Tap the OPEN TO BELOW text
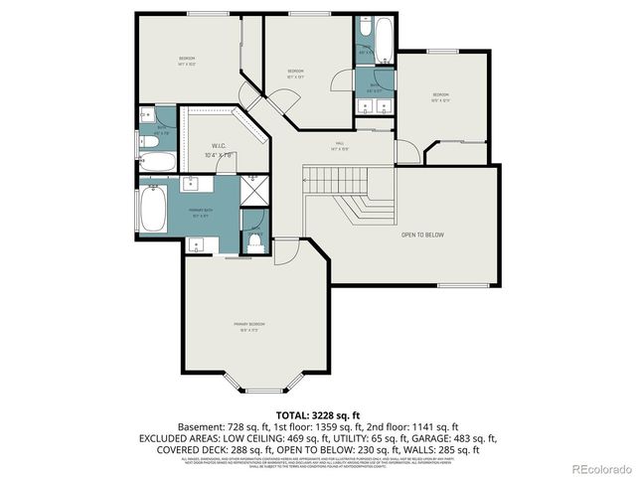click(421, 236)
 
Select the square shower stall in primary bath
click(253, 189)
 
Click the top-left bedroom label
click(187, 62)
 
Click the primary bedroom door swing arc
click(286, 253)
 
